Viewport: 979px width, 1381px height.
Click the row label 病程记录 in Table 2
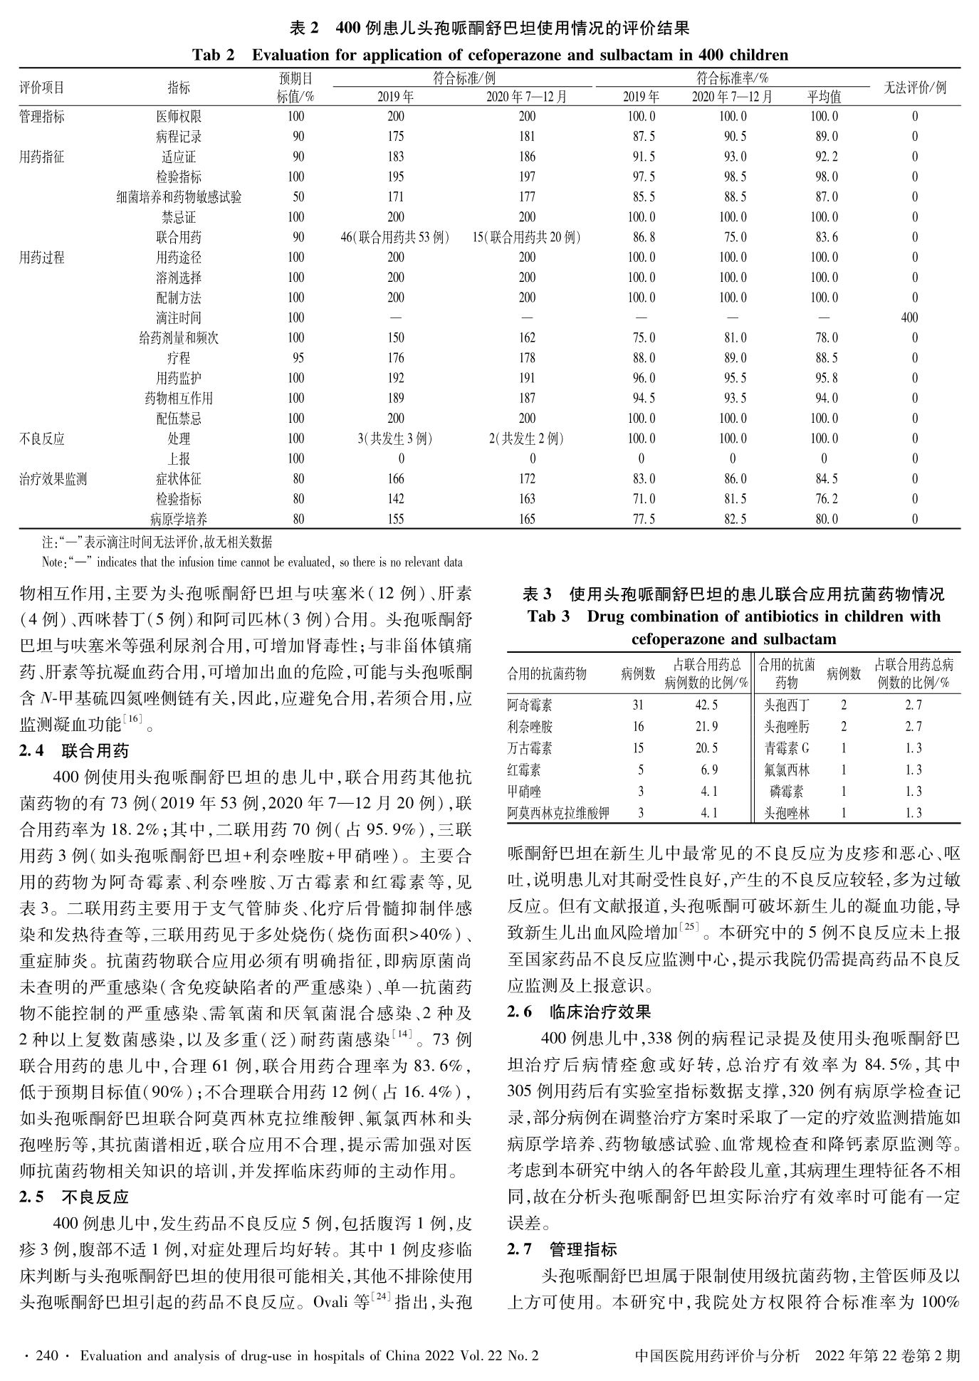[179, 137]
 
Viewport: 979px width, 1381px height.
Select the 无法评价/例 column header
[915, 88]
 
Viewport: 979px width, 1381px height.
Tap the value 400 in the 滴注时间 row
[909, 317]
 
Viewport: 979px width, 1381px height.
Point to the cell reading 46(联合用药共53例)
[395, 237]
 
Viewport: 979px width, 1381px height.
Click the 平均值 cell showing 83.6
[824, 237]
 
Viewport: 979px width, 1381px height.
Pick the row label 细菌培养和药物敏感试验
[179, 197]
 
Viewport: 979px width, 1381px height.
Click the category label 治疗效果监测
[53, 479]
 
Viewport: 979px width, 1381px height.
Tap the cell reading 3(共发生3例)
[395, 439]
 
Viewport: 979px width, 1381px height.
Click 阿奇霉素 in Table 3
[529, 705]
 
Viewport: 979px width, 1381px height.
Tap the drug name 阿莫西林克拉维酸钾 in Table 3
[558, 812]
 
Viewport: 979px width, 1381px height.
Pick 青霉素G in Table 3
[786, 748]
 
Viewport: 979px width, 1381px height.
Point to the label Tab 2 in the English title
[213, 55]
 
